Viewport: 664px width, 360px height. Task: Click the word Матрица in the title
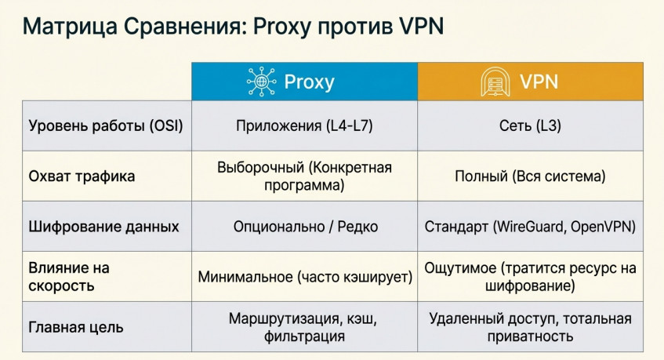[x=70, y=27]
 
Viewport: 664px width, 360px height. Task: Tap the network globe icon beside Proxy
[x=261, y=82]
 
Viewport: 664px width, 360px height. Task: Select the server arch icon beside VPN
[x=495, y=82]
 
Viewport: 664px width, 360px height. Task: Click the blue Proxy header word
[x=309, y=82]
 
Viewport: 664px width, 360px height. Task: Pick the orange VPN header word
[x=539, y=82]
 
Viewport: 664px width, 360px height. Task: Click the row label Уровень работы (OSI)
[x=106, y=125]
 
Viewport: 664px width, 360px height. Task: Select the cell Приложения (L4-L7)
[x=304, y=125]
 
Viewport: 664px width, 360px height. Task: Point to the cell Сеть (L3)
[x=530, y=125]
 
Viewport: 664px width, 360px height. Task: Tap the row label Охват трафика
[x=82, y=176]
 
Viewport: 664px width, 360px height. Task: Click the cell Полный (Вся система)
[x=530, y=176]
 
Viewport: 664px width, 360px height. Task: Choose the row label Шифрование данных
[x=103, y=227]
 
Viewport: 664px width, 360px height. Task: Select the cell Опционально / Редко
[x=305, y=227]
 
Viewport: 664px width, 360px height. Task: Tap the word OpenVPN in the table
[x=603, y=227]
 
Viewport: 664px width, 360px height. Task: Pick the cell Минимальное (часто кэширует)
[x=305, y=277]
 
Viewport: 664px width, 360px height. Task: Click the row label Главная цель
[x=76, y=327]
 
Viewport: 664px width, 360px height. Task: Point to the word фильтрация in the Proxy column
[x=304, y=336]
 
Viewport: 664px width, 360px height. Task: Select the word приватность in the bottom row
[x=530, y=336]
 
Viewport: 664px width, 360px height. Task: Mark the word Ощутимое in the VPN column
[x=460, y=268]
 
